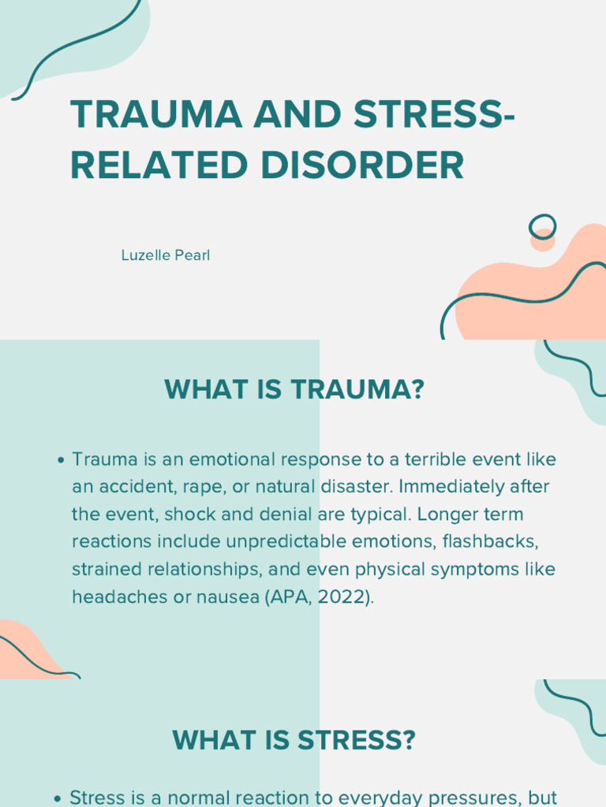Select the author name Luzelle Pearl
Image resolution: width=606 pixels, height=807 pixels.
166,255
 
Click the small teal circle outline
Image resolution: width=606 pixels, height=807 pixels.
542,227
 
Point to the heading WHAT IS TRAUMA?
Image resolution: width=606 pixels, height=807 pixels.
294,389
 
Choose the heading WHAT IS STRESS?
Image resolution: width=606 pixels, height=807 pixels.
294,740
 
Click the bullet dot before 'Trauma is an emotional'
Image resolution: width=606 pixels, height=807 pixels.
62,460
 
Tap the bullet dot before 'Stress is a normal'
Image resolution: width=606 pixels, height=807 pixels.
58,798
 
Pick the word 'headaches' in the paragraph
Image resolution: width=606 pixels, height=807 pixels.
111,597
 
